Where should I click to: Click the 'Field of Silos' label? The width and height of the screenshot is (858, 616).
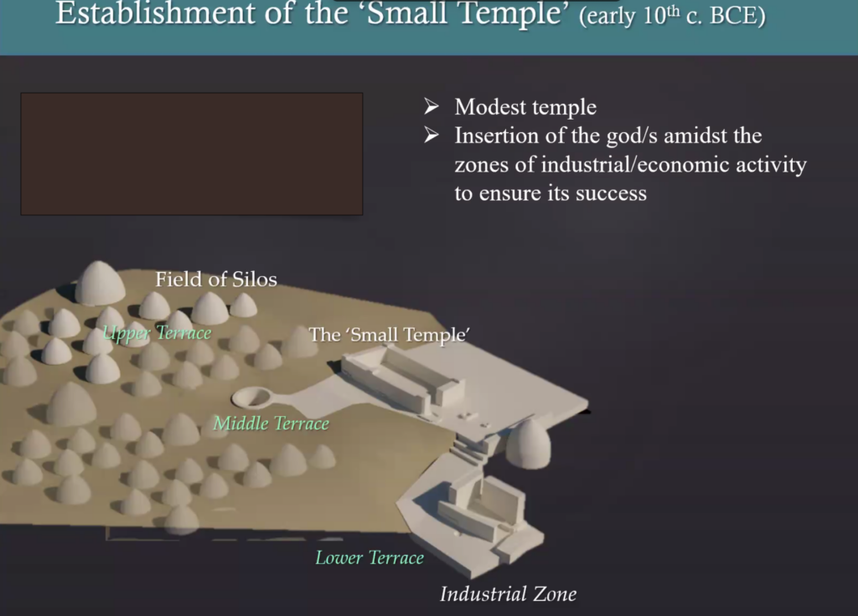[216, 280]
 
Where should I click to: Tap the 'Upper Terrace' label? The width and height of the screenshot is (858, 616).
[157, 333]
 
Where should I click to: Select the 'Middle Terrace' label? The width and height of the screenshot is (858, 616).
[271, 423]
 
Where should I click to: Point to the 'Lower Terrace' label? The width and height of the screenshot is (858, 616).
[370, 557]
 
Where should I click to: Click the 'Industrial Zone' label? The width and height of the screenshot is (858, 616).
[509, 594]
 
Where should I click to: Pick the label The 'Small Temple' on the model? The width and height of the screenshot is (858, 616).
[390, 335]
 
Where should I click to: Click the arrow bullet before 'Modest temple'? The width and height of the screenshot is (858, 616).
[432, 106]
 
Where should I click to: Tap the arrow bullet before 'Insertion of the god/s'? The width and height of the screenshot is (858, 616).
[432, 135]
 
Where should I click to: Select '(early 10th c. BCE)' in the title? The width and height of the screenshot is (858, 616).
[672, 15]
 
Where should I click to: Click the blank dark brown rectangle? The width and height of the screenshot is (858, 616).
[192, 154]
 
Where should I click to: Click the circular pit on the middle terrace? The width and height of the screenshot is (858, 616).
[252, 397]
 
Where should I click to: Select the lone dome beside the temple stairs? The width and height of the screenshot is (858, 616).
[528, 444]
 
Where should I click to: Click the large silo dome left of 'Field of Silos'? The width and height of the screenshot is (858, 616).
[100, 283]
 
